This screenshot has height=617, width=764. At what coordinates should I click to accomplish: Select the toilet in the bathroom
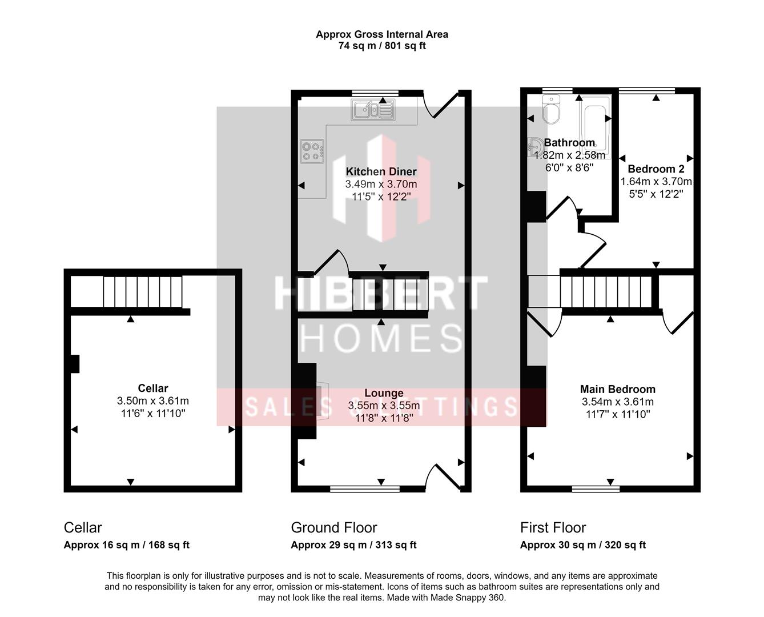pyautogui.click(x=552, y=110)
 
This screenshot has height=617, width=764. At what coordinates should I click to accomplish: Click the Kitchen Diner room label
pyautogui.click(x=381, y=171)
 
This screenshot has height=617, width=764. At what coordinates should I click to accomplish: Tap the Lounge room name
pyautogui.click(x=384, y=393)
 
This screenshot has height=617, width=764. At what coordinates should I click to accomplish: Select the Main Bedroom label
pyautogui.click(x=617, y=390)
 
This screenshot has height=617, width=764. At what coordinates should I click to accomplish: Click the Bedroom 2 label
pyautogui.click(x=656, y=169)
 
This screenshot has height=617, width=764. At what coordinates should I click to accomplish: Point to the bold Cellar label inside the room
pyautogui.click(x=153, y=388)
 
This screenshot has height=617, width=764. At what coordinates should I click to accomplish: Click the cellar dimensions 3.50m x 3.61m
pyautogui.click(x=153, y=401)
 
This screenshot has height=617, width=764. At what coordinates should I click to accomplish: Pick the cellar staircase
pyautogui.click(x=142, y=291)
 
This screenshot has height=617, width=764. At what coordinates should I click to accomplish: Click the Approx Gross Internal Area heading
pyautogui.click(x=382, y=34)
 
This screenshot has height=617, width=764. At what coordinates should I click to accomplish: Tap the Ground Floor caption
pyautogui.click(x=334, y=527)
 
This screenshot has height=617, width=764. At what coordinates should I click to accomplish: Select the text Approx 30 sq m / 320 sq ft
pyautogui.click(x=582, y=545)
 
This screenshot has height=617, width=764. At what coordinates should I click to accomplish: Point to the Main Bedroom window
pyautogui.click(x=596, y=488)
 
